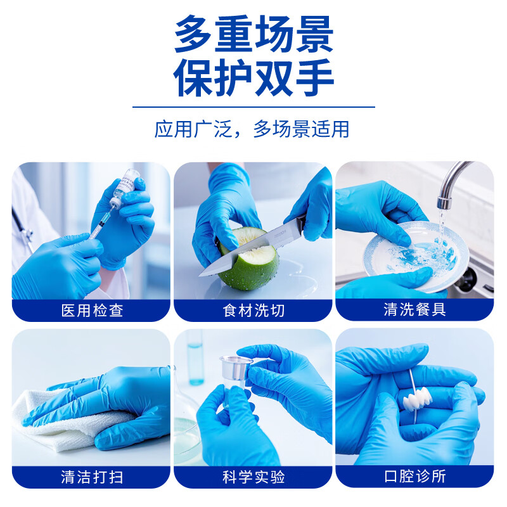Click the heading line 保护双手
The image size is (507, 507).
(x=253, y=78)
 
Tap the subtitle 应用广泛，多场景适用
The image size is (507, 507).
(x=252, y=129)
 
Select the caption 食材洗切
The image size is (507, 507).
(x=253, y=311)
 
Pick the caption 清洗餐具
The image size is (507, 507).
(x=414, y=311)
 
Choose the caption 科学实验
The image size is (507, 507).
(x=253, y=477)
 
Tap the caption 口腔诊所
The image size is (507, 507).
(x=414, y=477)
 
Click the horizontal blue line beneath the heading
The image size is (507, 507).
(x=253, y=106)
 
